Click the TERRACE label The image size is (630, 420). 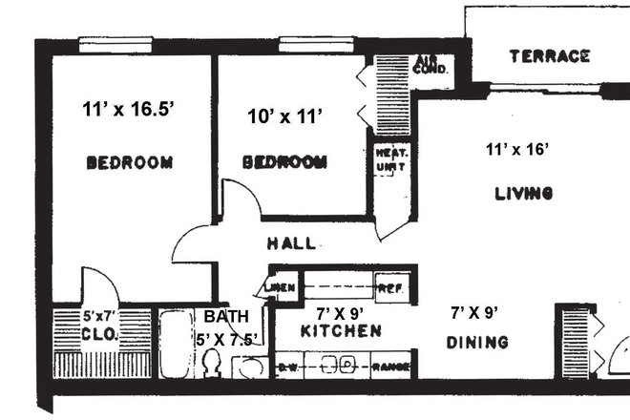tap(549, 56)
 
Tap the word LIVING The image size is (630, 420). tap(524, 194)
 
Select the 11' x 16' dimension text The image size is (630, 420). tap(519, 149)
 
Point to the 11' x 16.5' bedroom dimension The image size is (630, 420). tap(129, 110)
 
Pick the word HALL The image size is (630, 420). tap(291, 243)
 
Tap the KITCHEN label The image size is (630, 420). tap(341, 331)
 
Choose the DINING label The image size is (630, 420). tap(476, 342)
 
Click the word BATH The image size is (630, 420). tap(225, 316)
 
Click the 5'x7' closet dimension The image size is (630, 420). tap(100, 316)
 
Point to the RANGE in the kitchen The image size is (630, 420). tap(390, 365)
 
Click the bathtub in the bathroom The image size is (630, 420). tap(175, 344)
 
